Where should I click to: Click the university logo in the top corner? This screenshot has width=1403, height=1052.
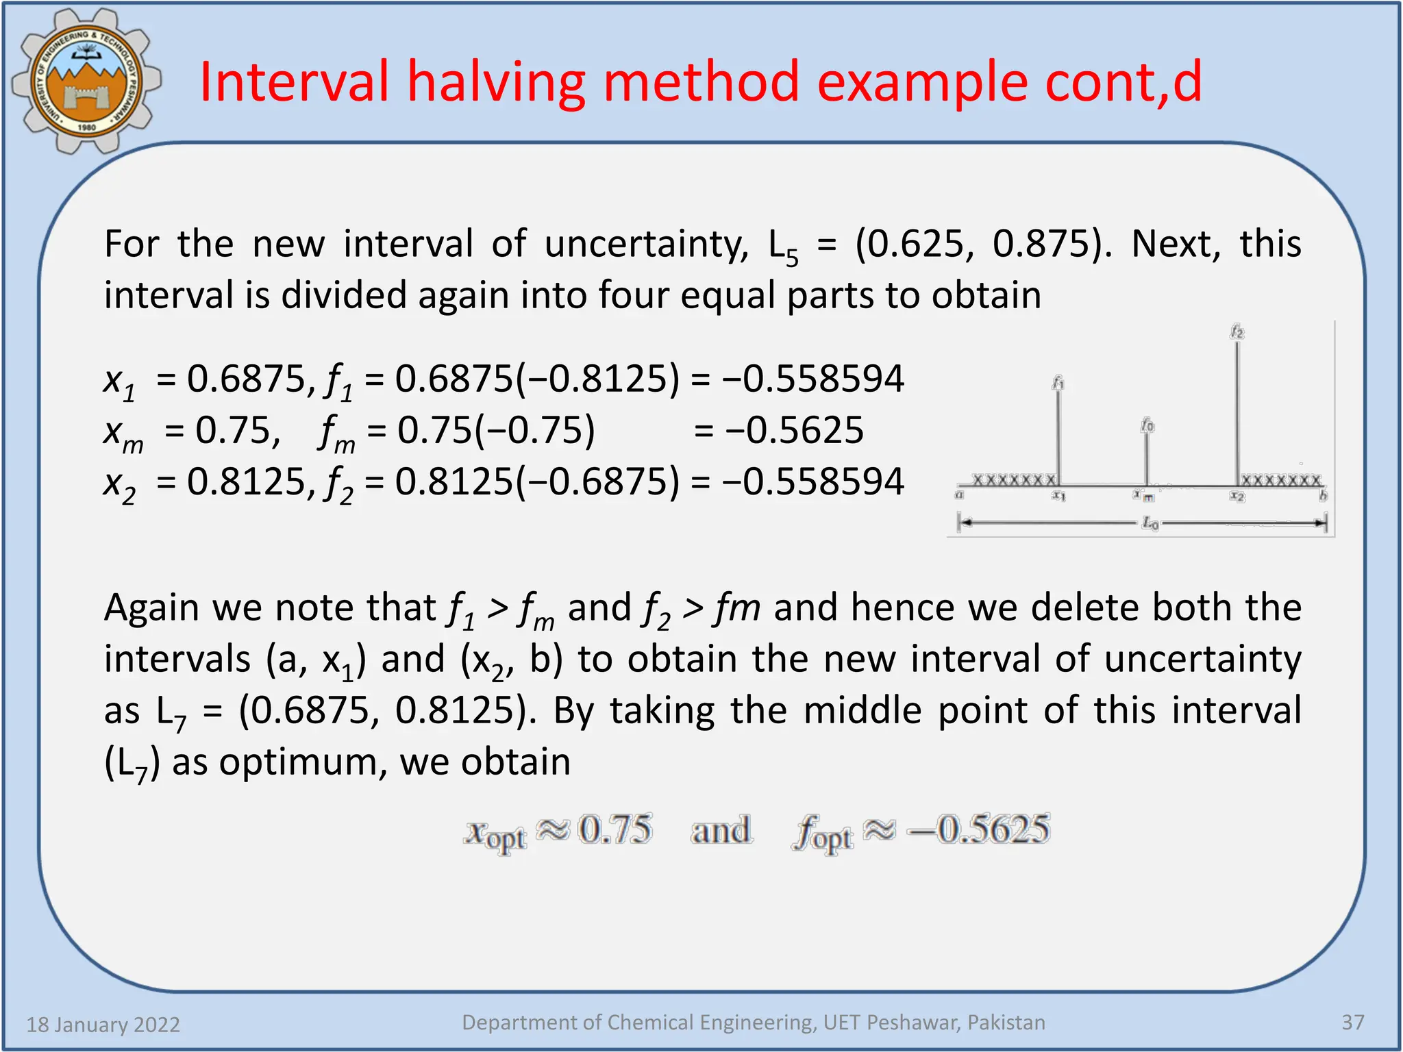point(86,81)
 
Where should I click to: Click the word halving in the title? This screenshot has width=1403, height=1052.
point(496,82)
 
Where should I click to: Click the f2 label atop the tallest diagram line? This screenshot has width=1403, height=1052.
point(1237,332)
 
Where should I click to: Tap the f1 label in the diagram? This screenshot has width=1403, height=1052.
point(1058,383)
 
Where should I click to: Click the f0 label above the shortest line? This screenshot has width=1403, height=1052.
point(1147,425)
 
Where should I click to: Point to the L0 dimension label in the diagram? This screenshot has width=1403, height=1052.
point(1150,524)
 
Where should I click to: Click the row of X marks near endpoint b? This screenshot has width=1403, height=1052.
point(1280,480)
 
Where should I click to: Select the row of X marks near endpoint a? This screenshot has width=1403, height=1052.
point(1014,479)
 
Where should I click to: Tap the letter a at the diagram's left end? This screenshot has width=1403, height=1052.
point(960,494)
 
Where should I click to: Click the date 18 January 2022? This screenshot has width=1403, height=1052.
point(103,1025)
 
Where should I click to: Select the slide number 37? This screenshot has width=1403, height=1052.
point(1352,1023)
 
